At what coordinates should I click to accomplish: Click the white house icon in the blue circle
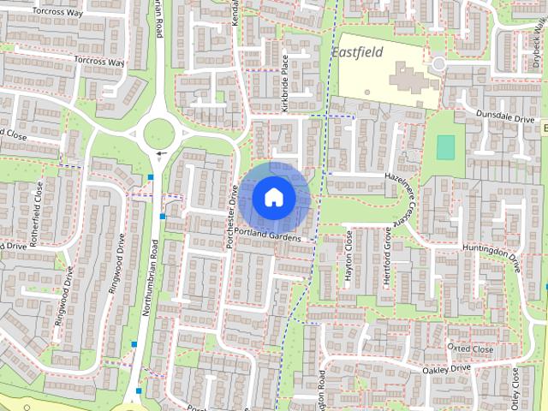click(273, 197)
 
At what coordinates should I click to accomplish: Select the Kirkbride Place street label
click(286, 83)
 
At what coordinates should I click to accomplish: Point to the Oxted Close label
click(470, 349)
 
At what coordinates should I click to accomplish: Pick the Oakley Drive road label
click(446, 368)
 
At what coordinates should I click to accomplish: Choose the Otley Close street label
click(515, 389)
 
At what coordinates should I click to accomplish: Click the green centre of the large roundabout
click(159, 134)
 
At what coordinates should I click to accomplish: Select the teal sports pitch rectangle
click(445, 147)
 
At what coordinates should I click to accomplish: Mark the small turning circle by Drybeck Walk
click(438, 64)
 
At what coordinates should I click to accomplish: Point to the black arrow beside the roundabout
click(160, 155)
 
